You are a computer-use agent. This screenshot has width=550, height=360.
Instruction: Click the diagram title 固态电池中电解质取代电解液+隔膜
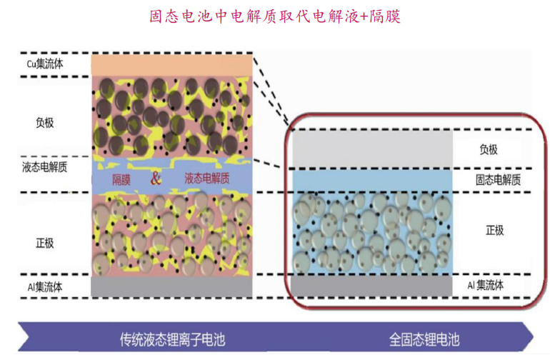point(275,16)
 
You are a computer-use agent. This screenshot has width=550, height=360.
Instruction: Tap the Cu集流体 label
point(45,64)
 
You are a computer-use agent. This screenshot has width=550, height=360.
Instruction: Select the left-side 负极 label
point(45,122)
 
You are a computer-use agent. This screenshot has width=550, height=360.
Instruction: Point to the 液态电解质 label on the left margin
point(44,167)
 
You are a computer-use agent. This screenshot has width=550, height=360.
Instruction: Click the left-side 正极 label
point(45,243)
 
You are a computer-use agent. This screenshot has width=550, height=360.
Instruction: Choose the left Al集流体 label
point(45,287)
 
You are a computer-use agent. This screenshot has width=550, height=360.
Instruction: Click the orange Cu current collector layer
point(171,65)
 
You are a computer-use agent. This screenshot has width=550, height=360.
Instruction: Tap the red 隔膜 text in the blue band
point(121,180)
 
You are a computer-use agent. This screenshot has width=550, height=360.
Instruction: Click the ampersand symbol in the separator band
point(156,179)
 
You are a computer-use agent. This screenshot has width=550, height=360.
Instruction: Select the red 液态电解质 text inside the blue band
point(207,179)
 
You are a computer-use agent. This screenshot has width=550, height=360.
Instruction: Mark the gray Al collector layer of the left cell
point(171,286)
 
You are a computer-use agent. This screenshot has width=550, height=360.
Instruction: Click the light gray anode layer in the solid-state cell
point(373,149)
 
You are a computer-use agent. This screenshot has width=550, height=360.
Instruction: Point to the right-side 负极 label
point(489,149)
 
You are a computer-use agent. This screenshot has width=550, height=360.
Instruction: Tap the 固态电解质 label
point(498,180)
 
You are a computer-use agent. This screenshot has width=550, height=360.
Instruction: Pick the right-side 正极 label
point(494,230)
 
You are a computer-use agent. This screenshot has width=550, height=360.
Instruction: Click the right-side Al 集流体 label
point(486,285)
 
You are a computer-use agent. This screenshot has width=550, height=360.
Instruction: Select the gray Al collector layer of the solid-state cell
point(372,286)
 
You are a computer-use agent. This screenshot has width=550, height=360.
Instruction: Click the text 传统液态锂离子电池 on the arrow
point(172,339)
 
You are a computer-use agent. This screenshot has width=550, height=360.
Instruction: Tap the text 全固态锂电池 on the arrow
point(424,339)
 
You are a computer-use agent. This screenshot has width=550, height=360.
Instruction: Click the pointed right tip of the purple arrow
point(534,337)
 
